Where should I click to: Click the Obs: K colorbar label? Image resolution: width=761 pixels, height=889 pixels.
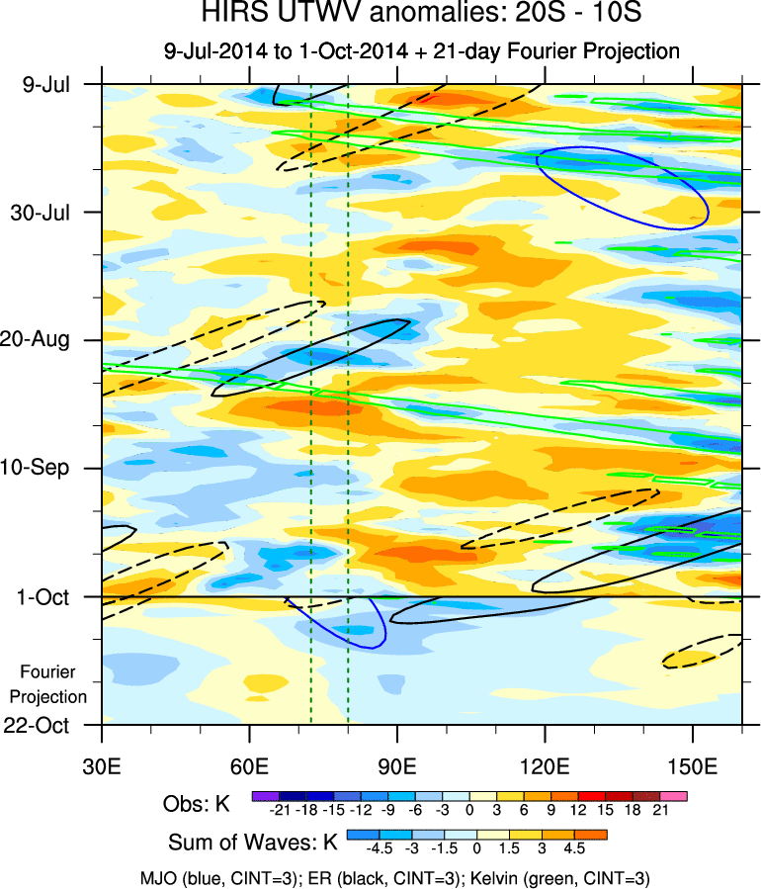point(197,804)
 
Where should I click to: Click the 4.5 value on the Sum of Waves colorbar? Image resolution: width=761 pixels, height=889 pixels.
point(574,848)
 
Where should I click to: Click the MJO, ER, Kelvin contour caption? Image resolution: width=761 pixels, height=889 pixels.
point(395,878)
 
